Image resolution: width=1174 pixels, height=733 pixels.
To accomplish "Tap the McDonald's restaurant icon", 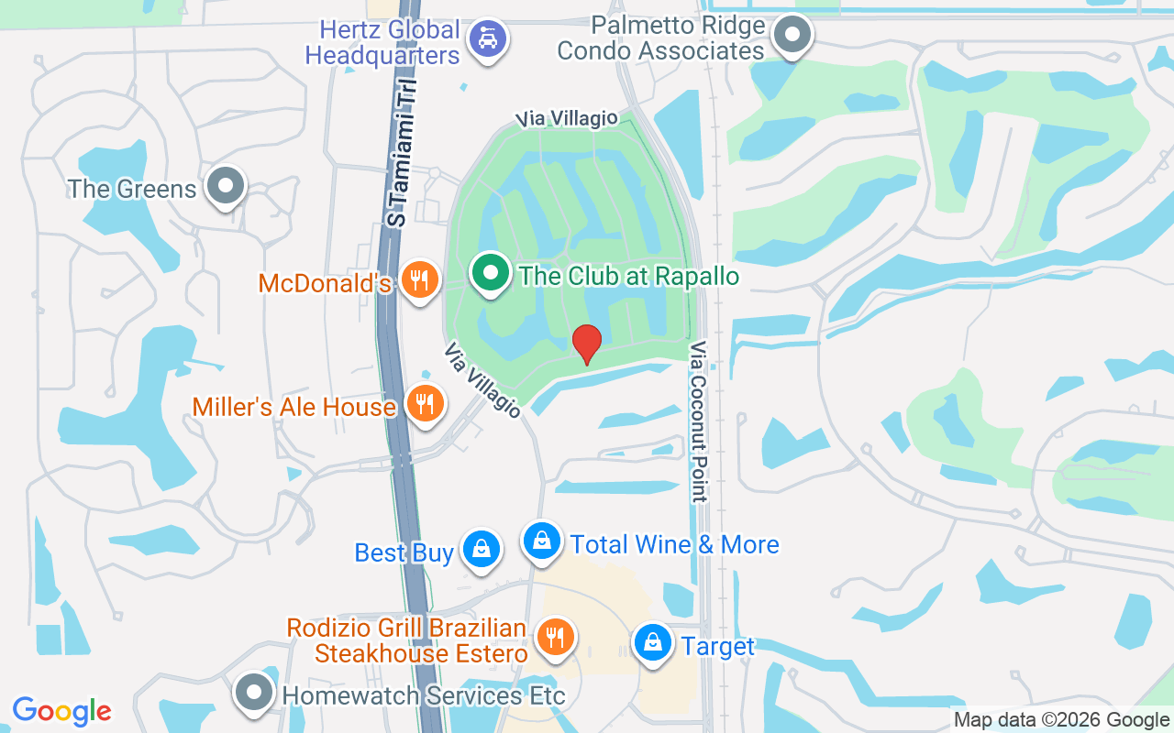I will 420,280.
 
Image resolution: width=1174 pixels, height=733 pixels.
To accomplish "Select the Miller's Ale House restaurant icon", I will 424,403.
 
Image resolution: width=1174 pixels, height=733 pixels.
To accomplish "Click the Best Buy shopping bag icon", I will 481,549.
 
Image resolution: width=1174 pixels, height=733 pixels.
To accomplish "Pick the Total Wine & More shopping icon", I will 543,541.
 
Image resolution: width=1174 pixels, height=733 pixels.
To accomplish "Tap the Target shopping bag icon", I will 652,643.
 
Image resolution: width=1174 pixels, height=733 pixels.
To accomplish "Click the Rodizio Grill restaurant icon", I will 555,636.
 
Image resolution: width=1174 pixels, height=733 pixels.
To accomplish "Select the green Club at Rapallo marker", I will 491,273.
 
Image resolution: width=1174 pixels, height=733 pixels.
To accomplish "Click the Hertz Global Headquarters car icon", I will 487,39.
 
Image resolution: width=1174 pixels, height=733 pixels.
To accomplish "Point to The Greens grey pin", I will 226,186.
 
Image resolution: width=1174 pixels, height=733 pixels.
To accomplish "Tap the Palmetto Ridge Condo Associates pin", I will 792,37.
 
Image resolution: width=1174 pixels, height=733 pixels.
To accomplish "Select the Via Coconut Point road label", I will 699,421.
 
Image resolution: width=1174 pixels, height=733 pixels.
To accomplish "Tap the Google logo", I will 62,711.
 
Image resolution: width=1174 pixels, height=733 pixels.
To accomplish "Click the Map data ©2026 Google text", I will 1062,720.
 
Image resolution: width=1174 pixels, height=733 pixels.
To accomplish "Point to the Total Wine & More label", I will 674,544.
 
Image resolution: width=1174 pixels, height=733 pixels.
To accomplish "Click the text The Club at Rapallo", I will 628,276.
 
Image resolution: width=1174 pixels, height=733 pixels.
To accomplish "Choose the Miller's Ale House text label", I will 293,407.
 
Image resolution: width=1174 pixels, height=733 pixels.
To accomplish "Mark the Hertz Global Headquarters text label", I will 382,42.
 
